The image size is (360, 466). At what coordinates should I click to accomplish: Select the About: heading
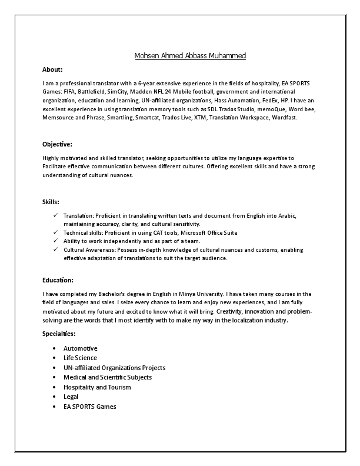point(52,69)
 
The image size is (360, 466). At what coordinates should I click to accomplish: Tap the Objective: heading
point(57,144)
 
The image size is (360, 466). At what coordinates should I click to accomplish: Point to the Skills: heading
point(51,202)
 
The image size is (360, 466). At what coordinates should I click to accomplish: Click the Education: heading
point(58,279)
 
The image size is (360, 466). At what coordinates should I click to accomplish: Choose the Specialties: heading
point(59,334)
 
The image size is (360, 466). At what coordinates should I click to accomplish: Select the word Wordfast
point(285,117)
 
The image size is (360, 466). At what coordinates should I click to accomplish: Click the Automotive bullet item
point(81,348)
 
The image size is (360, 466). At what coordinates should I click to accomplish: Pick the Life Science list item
point(81,358)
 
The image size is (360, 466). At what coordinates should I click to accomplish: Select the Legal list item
point(71,397)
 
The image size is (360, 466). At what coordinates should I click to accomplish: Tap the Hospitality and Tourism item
point(97,387)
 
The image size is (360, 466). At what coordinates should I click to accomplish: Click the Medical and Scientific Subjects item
point(108,377)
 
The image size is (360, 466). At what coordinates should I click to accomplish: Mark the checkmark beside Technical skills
point(55,232)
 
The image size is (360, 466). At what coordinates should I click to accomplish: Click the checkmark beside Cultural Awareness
point(55,249)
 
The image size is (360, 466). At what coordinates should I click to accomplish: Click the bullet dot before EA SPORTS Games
point(55,407)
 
